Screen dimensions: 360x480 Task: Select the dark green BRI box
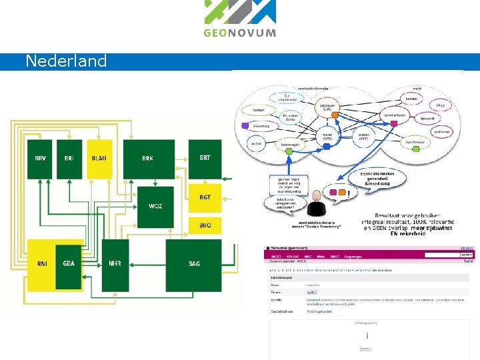[x=69, y=159]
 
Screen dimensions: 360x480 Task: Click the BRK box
[x=147, y=159]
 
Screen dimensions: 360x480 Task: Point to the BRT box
[x=205, y=159]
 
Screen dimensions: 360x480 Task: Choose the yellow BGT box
[x=205, y=198]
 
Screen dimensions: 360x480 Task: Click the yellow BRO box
[x=205, y=225]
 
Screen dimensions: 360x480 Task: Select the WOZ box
[x=155, y=207]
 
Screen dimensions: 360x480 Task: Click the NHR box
[x=115, y=264]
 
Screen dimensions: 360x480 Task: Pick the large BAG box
[x=194, y=264]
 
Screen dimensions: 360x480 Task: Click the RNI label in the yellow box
[x=42, y=264]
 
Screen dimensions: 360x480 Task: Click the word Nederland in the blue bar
[x=66, y=61]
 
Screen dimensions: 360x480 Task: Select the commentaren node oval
[x=394, y=115]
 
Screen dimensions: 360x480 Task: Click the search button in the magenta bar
[x=466, y=255]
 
